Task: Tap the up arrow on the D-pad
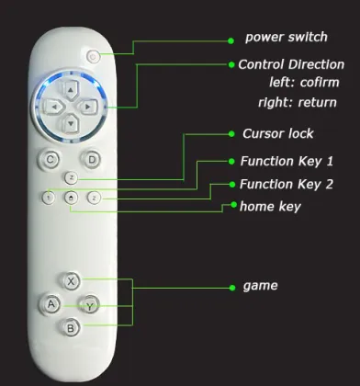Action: (x=71, y=91)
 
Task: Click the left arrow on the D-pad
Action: (x=54, y=107)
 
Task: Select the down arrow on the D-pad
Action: (x=71, y=122)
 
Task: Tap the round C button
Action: (x=51, y=159)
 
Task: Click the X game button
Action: (x=72, y=280)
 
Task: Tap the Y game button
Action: (x=89, y=304)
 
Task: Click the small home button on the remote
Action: (x=71, y=197)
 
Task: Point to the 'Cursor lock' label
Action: (x=277, y=133)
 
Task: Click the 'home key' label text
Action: (x=269, y=207)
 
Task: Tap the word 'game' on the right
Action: (x=260, y=286)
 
